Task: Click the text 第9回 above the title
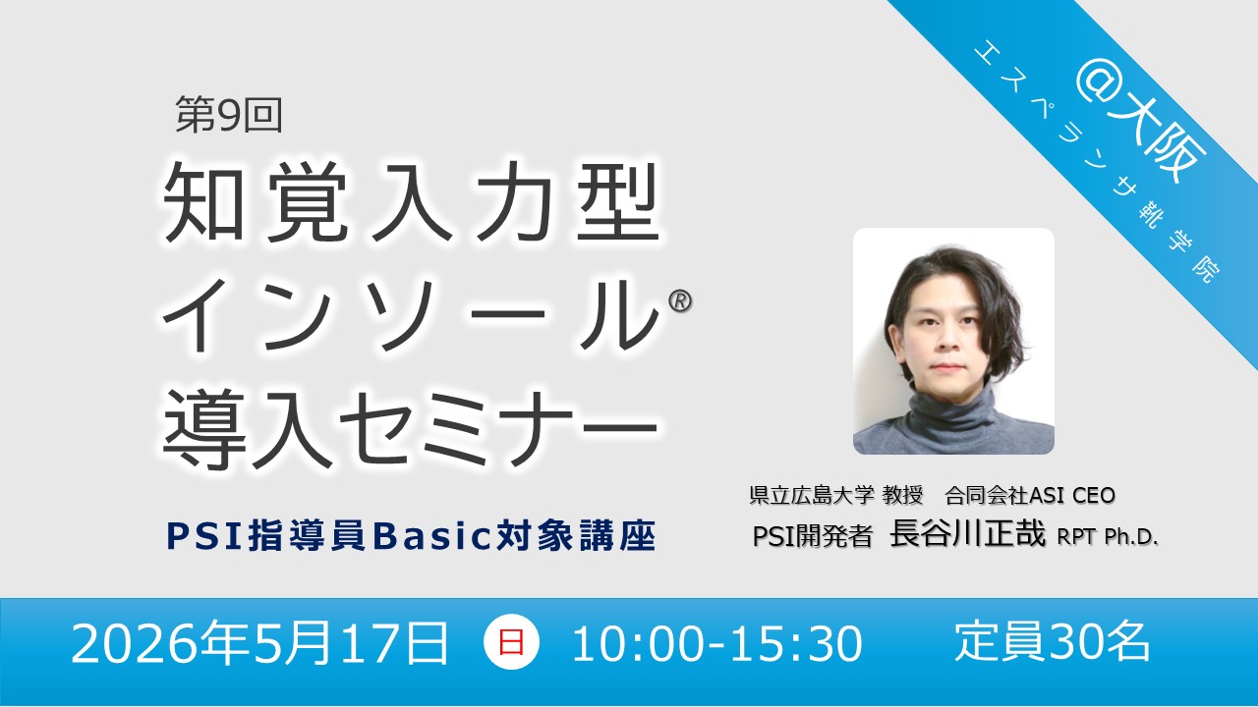click(229, 115)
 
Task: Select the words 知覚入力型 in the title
click(411, 202)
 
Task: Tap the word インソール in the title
click(411, 316)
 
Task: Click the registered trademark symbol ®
click(680, 301)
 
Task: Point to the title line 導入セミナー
click(411, 430)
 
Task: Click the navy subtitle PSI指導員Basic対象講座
click(411, 536)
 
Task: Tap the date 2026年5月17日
click(259, 643)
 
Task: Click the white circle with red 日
click(511, 642)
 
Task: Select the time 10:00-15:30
click(717, 643)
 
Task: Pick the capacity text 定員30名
click(1053, 642)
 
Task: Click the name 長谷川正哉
click(968, 533)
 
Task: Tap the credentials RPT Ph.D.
click(1108, 537)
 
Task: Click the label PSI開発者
click(813, 536)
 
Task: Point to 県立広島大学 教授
click(836, 495)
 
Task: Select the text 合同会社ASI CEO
click(1030, 495)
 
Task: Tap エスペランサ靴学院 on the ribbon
click(1095, 163)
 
